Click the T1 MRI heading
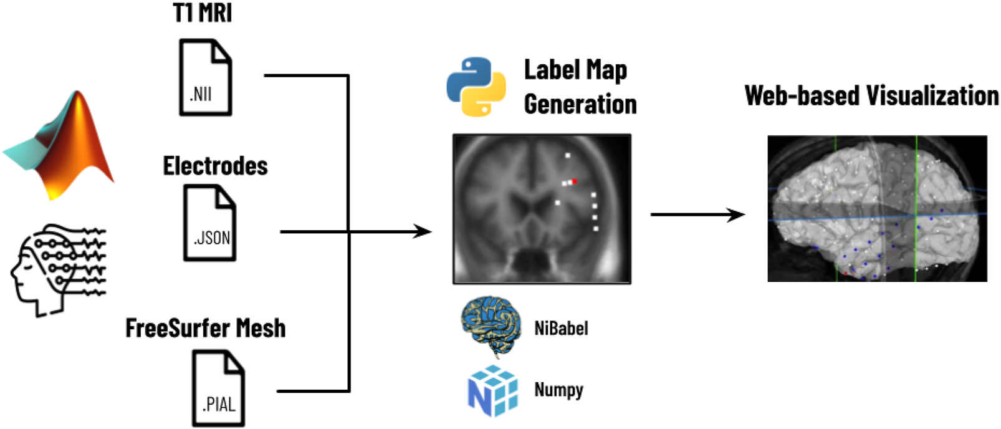pyautogui.click(x=203, y=12)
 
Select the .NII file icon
pyautogui.click(x=206, y=77)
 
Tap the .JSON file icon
pyautogui.click(x=210, y=223)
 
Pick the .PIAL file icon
pyautogui.click(x=218, y=388)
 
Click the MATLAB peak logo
pyautogui.click(x=62, y=147)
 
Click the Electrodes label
pyautogui.click(x=215, y=166)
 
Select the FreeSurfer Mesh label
pyautogui.click(x=206, y=328)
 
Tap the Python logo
pyautogui.click(x=476, y=87)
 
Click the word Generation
pyautogui.click(x=580, y=104)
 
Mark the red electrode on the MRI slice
pyautogui.click(x=574, y=181)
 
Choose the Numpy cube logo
pyautogui.click(x=492, y=391)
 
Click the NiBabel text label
pyautogui.click(x=561, y=328)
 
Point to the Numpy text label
pyautogui.click(x=558, y=390)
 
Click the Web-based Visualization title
pyautogui.click(x=871, y=96)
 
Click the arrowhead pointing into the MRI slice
pyautogui.click(x=424, y=232)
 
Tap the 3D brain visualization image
pyautogui.click(x=877, y=208)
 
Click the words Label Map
pyautogui.click(x=575, y=70)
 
